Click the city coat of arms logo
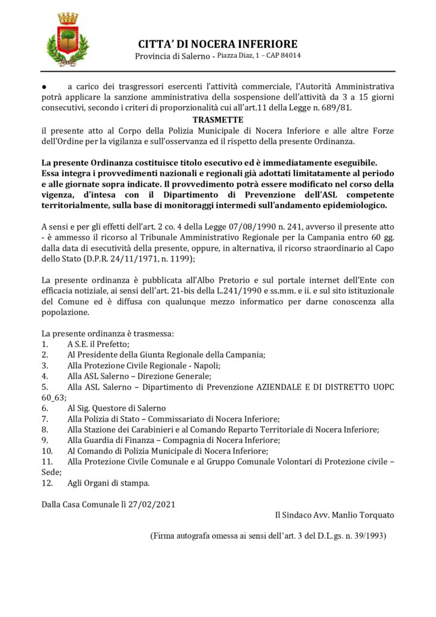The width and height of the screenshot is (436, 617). (x=67, y=40)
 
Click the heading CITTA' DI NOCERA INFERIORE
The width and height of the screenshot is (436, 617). (x=217, y=44)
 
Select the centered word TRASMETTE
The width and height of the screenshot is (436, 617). (x=218, y=120)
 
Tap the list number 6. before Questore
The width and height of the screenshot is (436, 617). (x=45, y=409)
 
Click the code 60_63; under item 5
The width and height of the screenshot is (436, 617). (x=54, y=398)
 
